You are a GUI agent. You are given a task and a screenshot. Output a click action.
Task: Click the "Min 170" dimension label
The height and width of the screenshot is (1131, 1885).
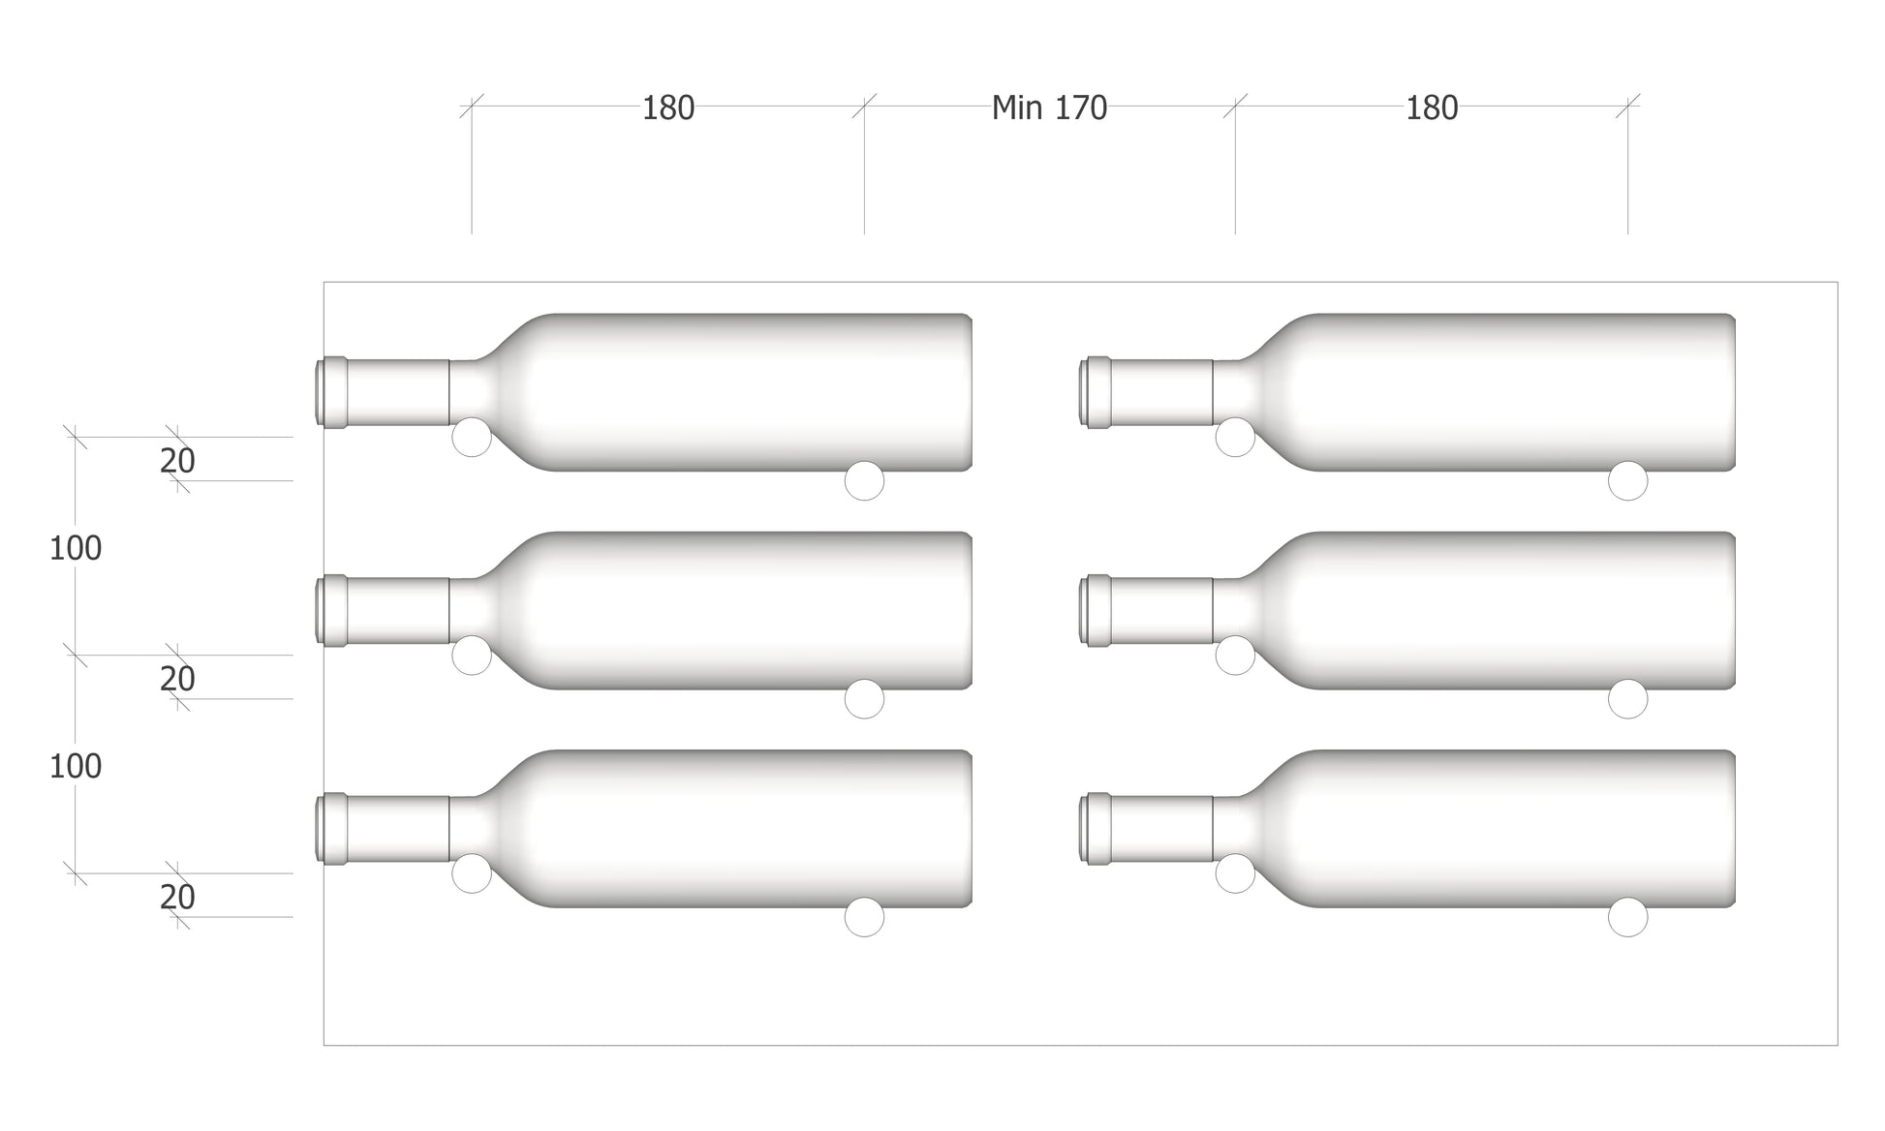coord(1049,107)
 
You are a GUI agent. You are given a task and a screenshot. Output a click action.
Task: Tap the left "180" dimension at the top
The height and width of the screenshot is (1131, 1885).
coord(668,107)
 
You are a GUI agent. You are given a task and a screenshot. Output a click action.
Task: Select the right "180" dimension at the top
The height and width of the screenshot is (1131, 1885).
coord(1432,107)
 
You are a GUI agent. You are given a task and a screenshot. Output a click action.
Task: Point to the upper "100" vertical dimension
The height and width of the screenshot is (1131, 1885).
coord(76,548)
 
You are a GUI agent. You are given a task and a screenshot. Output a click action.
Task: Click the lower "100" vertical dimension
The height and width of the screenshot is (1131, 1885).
coord(76,766)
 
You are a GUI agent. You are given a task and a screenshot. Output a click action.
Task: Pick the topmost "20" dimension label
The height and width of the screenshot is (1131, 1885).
coord(177,461)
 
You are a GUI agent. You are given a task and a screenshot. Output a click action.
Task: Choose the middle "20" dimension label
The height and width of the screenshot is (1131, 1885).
coord(177,679)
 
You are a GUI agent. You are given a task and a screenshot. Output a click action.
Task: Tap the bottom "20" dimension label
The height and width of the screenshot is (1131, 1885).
coord(177,897)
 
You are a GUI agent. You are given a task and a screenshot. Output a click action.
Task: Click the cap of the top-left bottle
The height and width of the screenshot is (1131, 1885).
coord(331,392)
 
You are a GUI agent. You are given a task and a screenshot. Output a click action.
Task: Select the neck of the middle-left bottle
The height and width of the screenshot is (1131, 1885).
coord(398,610)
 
